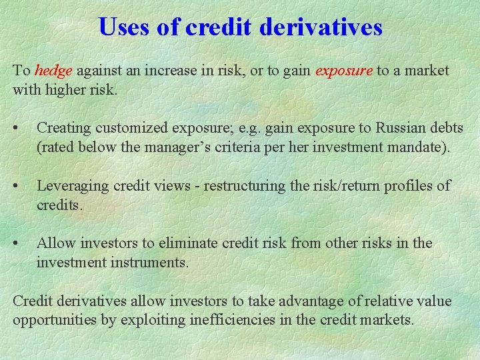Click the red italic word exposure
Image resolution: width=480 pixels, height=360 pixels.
click(343, 71)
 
